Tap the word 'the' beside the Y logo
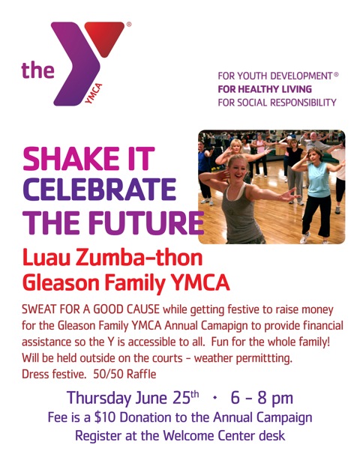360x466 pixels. pos(37,70)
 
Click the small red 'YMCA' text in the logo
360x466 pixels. pos(94,93)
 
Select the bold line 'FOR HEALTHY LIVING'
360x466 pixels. pos(265,89)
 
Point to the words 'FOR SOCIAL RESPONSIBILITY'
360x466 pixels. pos(277,103)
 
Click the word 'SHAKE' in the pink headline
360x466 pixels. pos(71,158)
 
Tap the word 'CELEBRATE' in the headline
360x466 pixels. pos(100,190)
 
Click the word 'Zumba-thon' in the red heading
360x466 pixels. pos(139,258)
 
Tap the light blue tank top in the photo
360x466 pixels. pos(318,180)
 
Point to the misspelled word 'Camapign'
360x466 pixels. pos(225,325)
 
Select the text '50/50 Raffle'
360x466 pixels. pos(124,374)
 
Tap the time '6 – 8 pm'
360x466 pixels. pos(262,399)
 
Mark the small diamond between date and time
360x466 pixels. pos(214,398)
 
